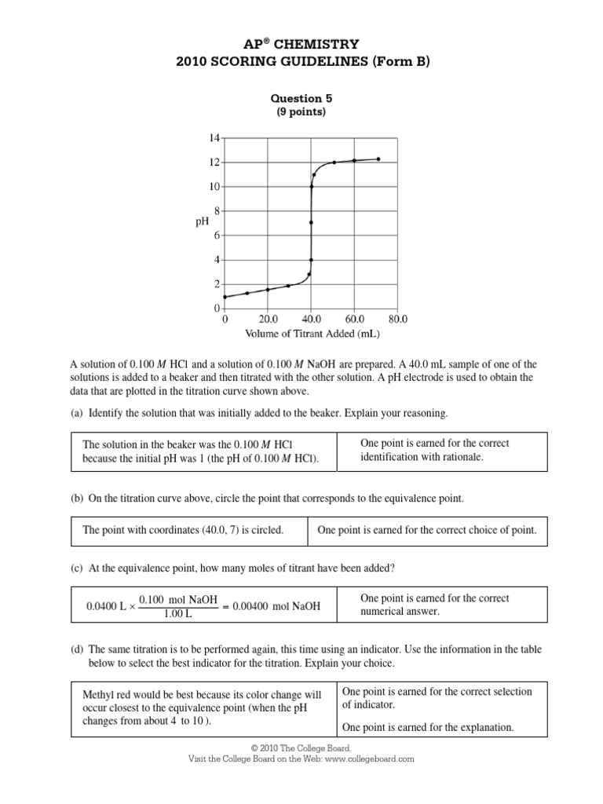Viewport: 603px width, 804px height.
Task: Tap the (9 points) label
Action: click(301, 111)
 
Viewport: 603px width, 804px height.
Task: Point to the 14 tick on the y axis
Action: click(214, 138)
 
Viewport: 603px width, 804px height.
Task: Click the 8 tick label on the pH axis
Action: click(217, 210)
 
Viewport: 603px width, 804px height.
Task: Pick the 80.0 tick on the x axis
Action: click(397, 320)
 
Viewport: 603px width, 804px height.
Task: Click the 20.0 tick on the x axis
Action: click(268, 320)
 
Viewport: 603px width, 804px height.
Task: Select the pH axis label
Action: click(201, 222)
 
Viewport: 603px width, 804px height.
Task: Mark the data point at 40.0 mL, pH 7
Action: click(312, 222)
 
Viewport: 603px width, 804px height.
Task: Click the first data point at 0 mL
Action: click(225, 297)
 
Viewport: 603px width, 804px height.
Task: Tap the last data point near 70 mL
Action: click(378, 159)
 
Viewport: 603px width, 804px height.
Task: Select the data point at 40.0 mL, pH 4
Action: click(312, 260)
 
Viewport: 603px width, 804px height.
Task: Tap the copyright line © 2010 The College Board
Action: click(301, 749)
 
